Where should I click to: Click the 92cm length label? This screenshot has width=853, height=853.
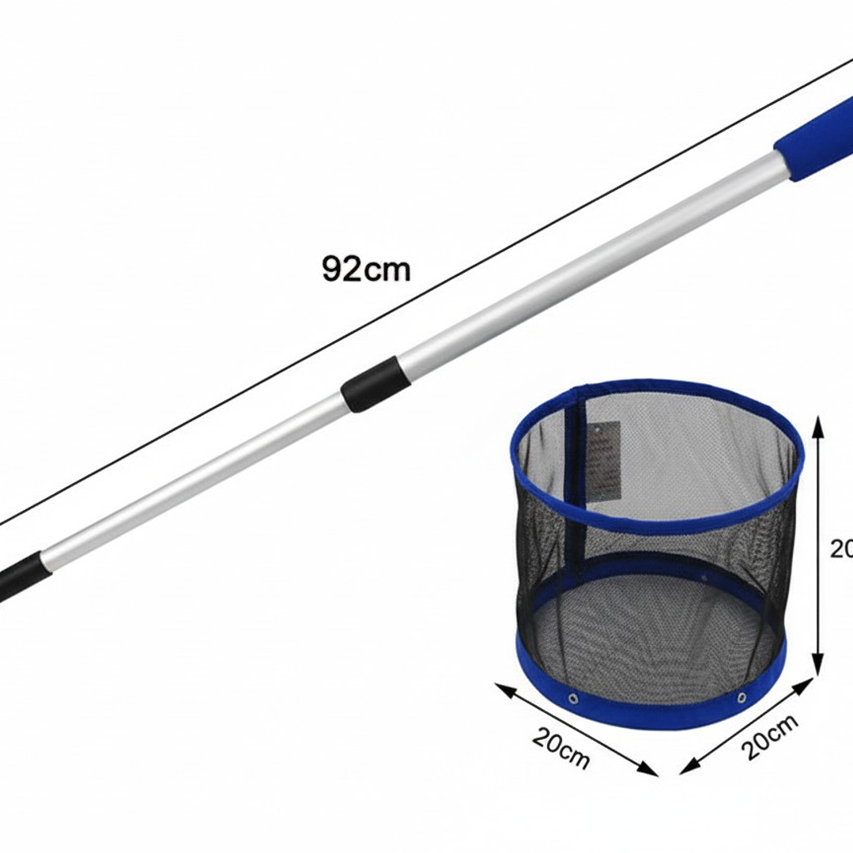(366, 269)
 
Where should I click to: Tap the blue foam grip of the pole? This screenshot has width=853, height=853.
(814, 142)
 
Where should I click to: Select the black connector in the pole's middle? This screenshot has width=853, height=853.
(369, 384)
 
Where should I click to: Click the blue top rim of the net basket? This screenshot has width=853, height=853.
(656, 518)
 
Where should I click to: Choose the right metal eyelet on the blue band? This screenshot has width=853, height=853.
(741, 696)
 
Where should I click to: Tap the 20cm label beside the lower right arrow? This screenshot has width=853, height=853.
(771, 735)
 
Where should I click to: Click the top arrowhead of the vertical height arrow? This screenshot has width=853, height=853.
(818, 427)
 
